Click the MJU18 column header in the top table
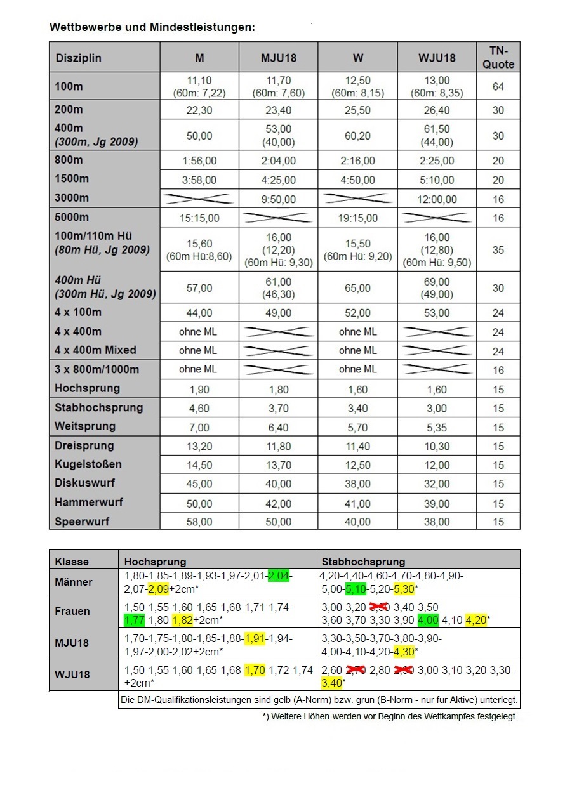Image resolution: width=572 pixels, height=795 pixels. [278, 58]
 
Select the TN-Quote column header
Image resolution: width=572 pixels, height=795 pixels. [498, 57]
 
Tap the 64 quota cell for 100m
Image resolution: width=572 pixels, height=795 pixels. [498, 86]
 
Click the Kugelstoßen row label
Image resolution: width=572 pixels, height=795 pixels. [88, 464]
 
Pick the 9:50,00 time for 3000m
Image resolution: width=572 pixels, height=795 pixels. [278, 199]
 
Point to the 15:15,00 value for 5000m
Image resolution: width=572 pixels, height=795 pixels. [199, 218]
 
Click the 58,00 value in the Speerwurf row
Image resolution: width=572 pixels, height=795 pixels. [199, 522]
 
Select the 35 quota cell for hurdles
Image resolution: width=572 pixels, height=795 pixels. [498, 249]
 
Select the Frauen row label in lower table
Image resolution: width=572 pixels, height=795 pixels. [72, 612]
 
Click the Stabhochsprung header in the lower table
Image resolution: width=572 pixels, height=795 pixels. [363, 562]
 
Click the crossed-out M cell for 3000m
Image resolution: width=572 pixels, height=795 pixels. [199, 199]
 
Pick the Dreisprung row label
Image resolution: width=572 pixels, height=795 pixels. [84, 445]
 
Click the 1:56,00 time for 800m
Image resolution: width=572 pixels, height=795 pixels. [199, 161]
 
